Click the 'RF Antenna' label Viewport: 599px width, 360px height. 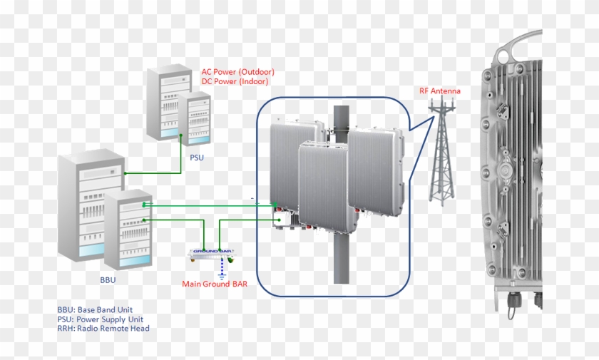click(x=439, y=91)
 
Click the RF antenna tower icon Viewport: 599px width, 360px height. click(x=442, y=153)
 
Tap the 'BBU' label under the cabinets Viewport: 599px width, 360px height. click(x=108, y=280)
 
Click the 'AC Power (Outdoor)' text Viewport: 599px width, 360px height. click(x=237, y=72)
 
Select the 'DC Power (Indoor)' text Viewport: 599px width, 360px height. click(x=235, y=81)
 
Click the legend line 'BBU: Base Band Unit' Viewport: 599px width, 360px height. click(x=98, y=311)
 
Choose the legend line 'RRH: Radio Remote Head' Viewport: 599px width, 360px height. click(x=103, y=329)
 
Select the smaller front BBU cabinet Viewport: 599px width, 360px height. click(x=129, y=228)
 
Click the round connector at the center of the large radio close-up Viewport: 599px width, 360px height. click(x=508, y=171)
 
